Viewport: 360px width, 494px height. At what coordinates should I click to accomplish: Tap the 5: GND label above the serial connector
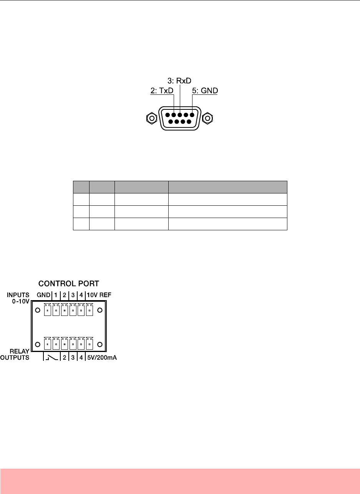(x=204, y=91)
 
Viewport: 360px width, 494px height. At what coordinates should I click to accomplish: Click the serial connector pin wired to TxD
(x=174, y=115)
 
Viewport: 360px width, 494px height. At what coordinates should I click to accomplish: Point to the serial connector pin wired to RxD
(x=179, y=115)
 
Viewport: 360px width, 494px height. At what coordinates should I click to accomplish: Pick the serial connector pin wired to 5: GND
(x=191, y=115)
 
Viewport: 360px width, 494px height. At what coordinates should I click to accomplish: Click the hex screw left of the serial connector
(x=152, y=118)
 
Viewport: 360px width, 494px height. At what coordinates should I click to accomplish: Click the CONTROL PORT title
(x=69, y=284)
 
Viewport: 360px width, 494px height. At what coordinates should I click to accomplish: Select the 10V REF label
(x=99, y=295)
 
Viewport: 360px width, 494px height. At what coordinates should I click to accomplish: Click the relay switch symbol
(x=51, y=358)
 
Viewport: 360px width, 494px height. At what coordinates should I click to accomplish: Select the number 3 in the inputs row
(x=73, y=295)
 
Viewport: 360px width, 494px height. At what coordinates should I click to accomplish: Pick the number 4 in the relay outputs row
(x=81, y=358)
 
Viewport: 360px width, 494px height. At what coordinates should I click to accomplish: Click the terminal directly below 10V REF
(x=90, y=310)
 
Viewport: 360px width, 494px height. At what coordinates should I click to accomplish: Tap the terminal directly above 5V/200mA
(x=90, y=343)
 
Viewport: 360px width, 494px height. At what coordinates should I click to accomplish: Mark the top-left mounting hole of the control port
(x=38, y=310)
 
